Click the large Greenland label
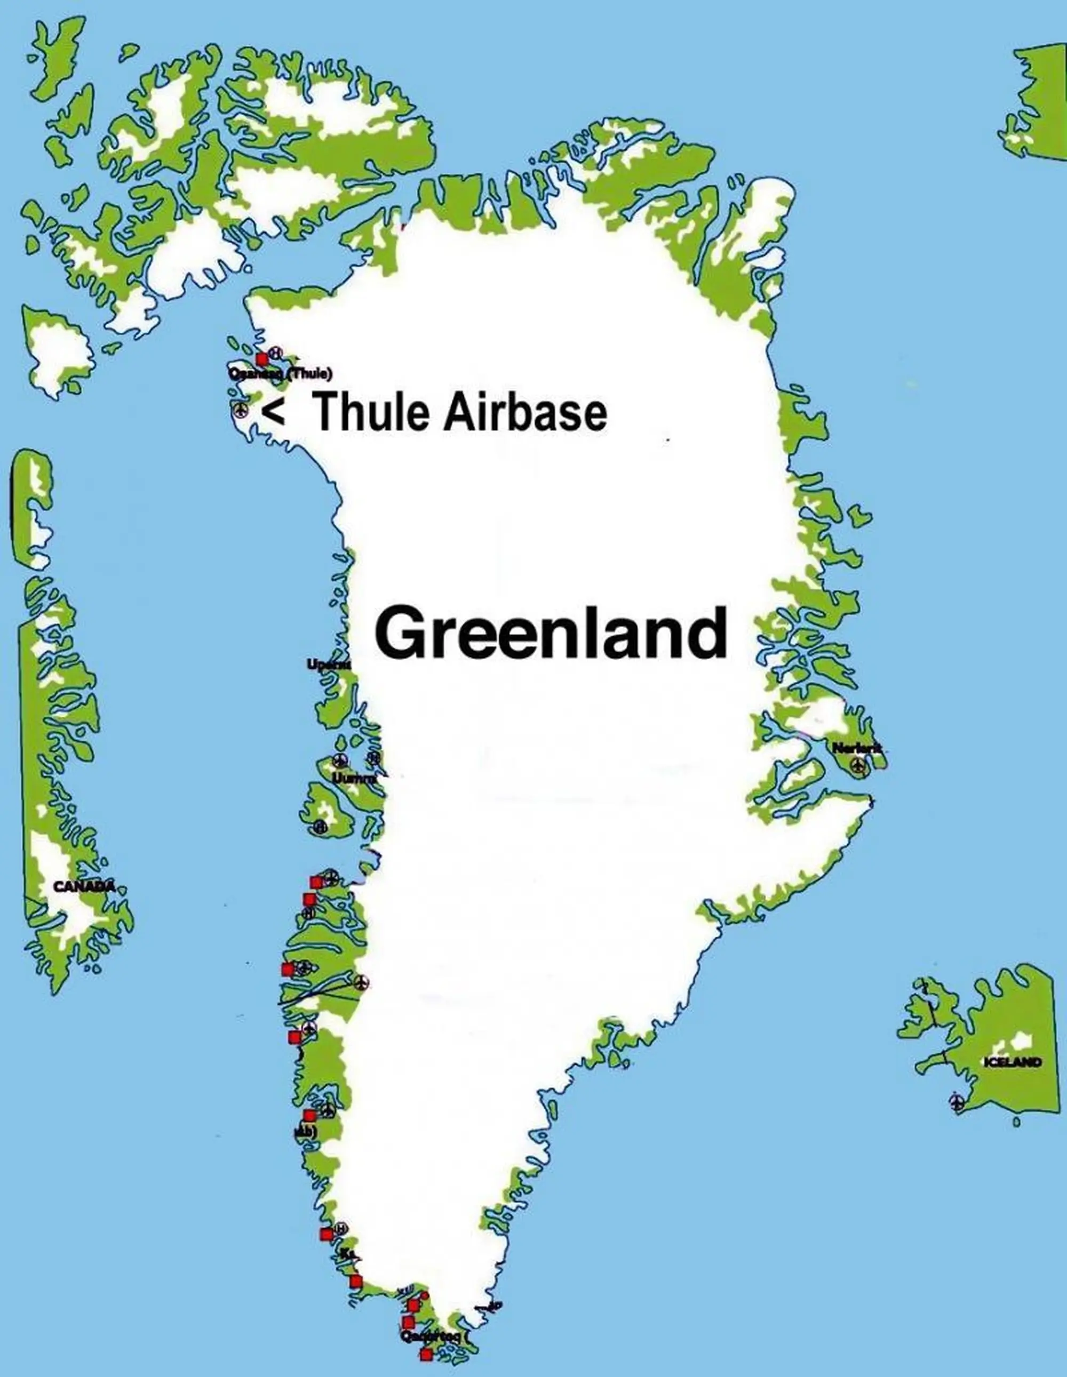pyautogui.click(x=551, y=633)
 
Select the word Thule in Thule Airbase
pyautogui.click(x=369, y=412)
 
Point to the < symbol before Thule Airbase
pyautogui.click(x=273, y=412)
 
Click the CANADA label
pyautogui.click(x=84, y=886)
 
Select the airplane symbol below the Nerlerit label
pyautogui.click(x=857, y=765)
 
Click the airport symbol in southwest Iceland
pyautogui.click(x=957, y=1102)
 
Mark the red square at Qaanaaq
pyautogui.click(x=261, y=359)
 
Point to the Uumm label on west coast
pyautogui.click(x=354, y=779)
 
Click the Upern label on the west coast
pyautogui.click(x=328, y=664)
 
